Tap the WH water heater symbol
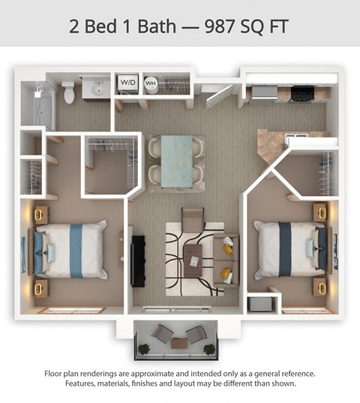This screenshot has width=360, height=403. pos(150,84)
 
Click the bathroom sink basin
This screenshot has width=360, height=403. pos(97,90)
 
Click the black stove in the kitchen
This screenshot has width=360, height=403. pos(301,92)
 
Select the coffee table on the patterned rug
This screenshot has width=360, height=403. pos(193,255)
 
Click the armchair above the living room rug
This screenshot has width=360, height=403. pos(193,219)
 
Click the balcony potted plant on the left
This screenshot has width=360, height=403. pos(143,348)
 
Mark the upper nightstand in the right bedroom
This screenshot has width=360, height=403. pos(321,212)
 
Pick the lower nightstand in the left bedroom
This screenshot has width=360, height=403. pos(40,288)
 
